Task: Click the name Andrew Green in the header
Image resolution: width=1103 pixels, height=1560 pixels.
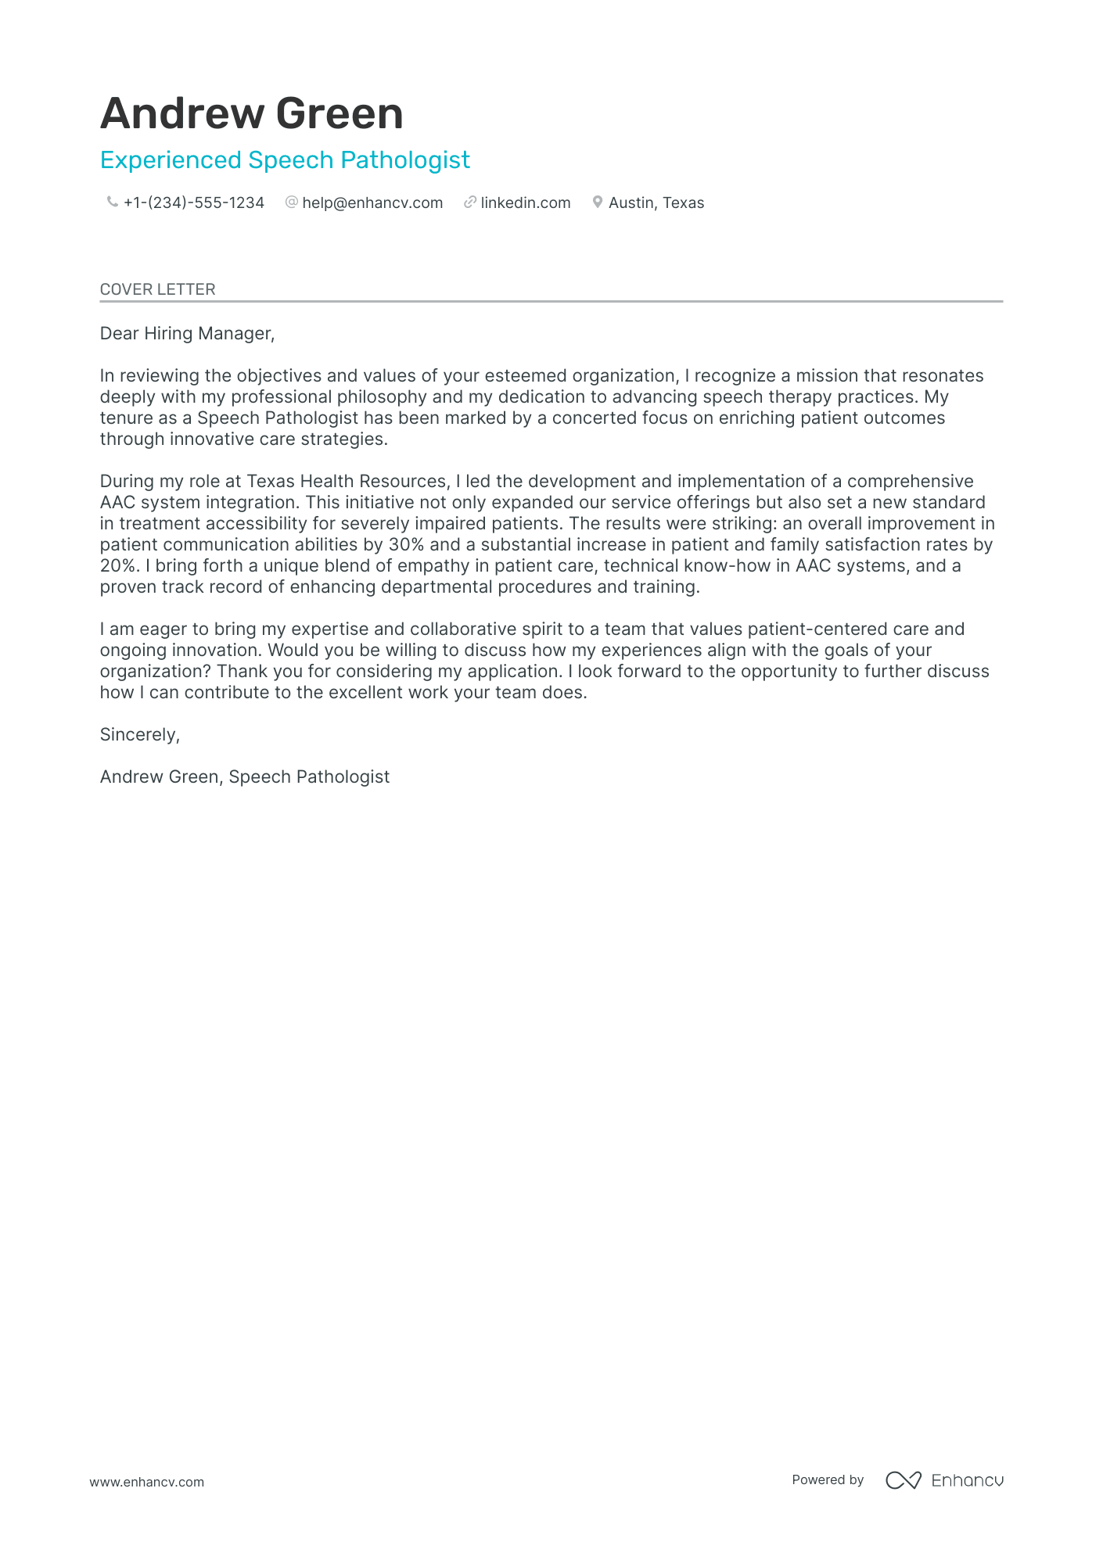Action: pos(251,113)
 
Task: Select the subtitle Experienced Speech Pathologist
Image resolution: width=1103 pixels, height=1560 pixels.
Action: pos(285,160)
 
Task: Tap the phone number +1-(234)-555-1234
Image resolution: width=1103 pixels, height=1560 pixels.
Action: pos(193,203)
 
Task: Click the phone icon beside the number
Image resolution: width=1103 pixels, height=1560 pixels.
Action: pos(112,202)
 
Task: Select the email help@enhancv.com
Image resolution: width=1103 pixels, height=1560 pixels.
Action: pos(372,203)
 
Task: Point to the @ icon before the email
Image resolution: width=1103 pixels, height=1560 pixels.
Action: pos(292,202)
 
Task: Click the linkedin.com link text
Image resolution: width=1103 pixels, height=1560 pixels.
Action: pos(525,203)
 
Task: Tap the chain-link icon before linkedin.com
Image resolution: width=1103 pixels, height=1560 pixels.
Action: pos(470,202)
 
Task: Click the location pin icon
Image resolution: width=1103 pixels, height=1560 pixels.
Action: pos(598,202)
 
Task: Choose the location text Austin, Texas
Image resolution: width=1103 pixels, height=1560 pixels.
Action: pos(656,203)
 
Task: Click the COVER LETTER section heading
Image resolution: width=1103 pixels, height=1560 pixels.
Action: pos(157,289)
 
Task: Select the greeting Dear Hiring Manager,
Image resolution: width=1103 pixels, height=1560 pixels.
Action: pos(187,334)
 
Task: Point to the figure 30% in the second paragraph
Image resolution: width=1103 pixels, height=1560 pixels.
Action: pos(406,545)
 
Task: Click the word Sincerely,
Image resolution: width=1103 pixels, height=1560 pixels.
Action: pos(140,735)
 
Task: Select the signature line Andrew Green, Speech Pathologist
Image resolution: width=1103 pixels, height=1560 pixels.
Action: pos(244,777)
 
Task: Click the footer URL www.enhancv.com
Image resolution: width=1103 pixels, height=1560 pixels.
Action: pos(146,1482)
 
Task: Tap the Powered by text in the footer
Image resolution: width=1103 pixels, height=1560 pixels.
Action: pos(827,1479)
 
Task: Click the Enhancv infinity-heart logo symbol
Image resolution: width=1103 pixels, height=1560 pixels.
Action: pos(903,1480)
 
